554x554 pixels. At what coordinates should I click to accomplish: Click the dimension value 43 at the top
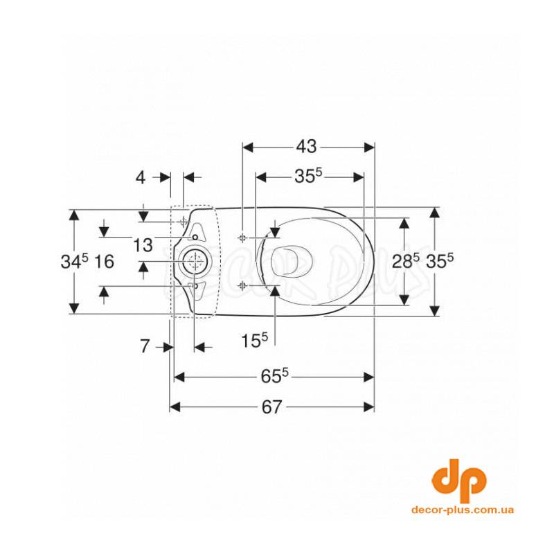306,146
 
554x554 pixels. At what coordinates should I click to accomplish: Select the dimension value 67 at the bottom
271,407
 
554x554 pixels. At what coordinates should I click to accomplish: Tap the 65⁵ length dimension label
274,377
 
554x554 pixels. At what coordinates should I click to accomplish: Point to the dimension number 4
141,177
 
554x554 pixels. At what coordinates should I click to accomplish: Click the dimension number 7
145,346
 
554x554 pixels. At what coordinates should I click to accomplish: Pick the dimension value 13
143,245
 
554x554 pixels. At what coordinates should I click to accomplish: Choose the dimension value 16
105,262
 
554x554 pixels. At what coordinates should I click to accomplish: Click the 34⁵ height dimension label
75,262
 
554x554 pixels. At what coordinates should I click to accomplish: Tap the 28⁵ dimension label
406,262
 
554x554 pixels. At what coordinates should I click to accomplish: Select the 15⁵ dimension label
254,341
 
